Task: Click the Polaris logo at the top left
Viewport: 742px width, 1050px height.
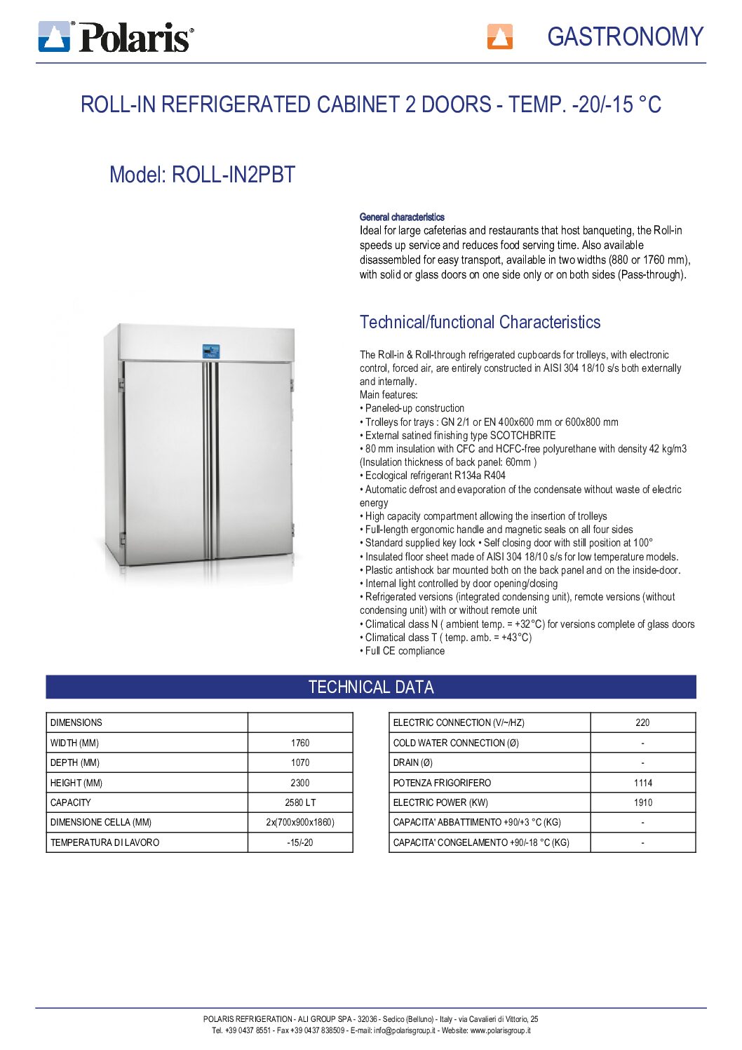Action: (116, 36)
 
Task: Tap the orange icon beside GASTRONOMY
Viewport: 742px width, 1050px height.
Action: (499, 36)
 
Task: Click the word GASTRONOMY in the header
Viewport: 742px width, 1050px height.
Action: (625, 36)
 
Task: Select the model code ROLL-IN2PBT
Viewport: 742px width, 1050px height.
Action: (234, 175)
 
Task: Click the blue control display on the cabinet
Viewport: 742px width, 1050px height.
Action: (210, 351)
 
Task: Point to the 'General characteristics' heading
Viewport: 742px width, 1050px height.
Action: (402, 217)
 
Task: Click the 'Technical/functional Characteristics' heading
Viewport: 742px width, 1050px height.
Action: (480, 323)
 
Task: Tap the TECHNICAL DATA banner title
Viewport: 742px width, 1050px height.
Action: (371, 687)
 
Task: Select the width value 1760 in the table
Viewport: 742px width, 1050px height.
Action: (300, 743)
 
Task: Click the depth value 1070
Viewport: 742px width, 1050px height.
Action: (300, 762)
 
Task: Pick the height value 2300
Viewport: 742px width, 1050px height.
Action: (300, 783)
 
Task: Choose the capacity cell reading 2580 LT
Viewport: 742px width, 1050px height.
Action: (300, 802)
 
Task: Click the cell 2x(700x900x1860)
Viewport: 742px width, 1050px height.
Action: (300, 822)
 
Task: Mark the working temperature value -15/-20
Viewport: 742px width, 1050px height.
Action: (300, 842)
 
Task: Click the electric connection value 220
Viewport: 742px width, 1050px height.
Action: (642, 722)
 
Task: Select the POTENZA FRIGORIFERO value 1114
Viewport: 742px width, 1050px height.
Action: (642, 783)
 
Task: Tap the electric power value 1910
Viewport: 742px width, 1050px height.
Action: (642, 802)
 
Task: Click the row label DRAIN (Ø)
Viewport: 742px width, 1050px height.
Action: (413, 762)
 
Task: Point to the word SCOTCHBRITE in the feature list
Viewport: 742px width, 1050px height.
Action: (522, 436)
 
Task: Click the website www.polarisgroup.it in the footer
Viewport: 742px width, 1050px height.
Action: (500, 1030)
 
